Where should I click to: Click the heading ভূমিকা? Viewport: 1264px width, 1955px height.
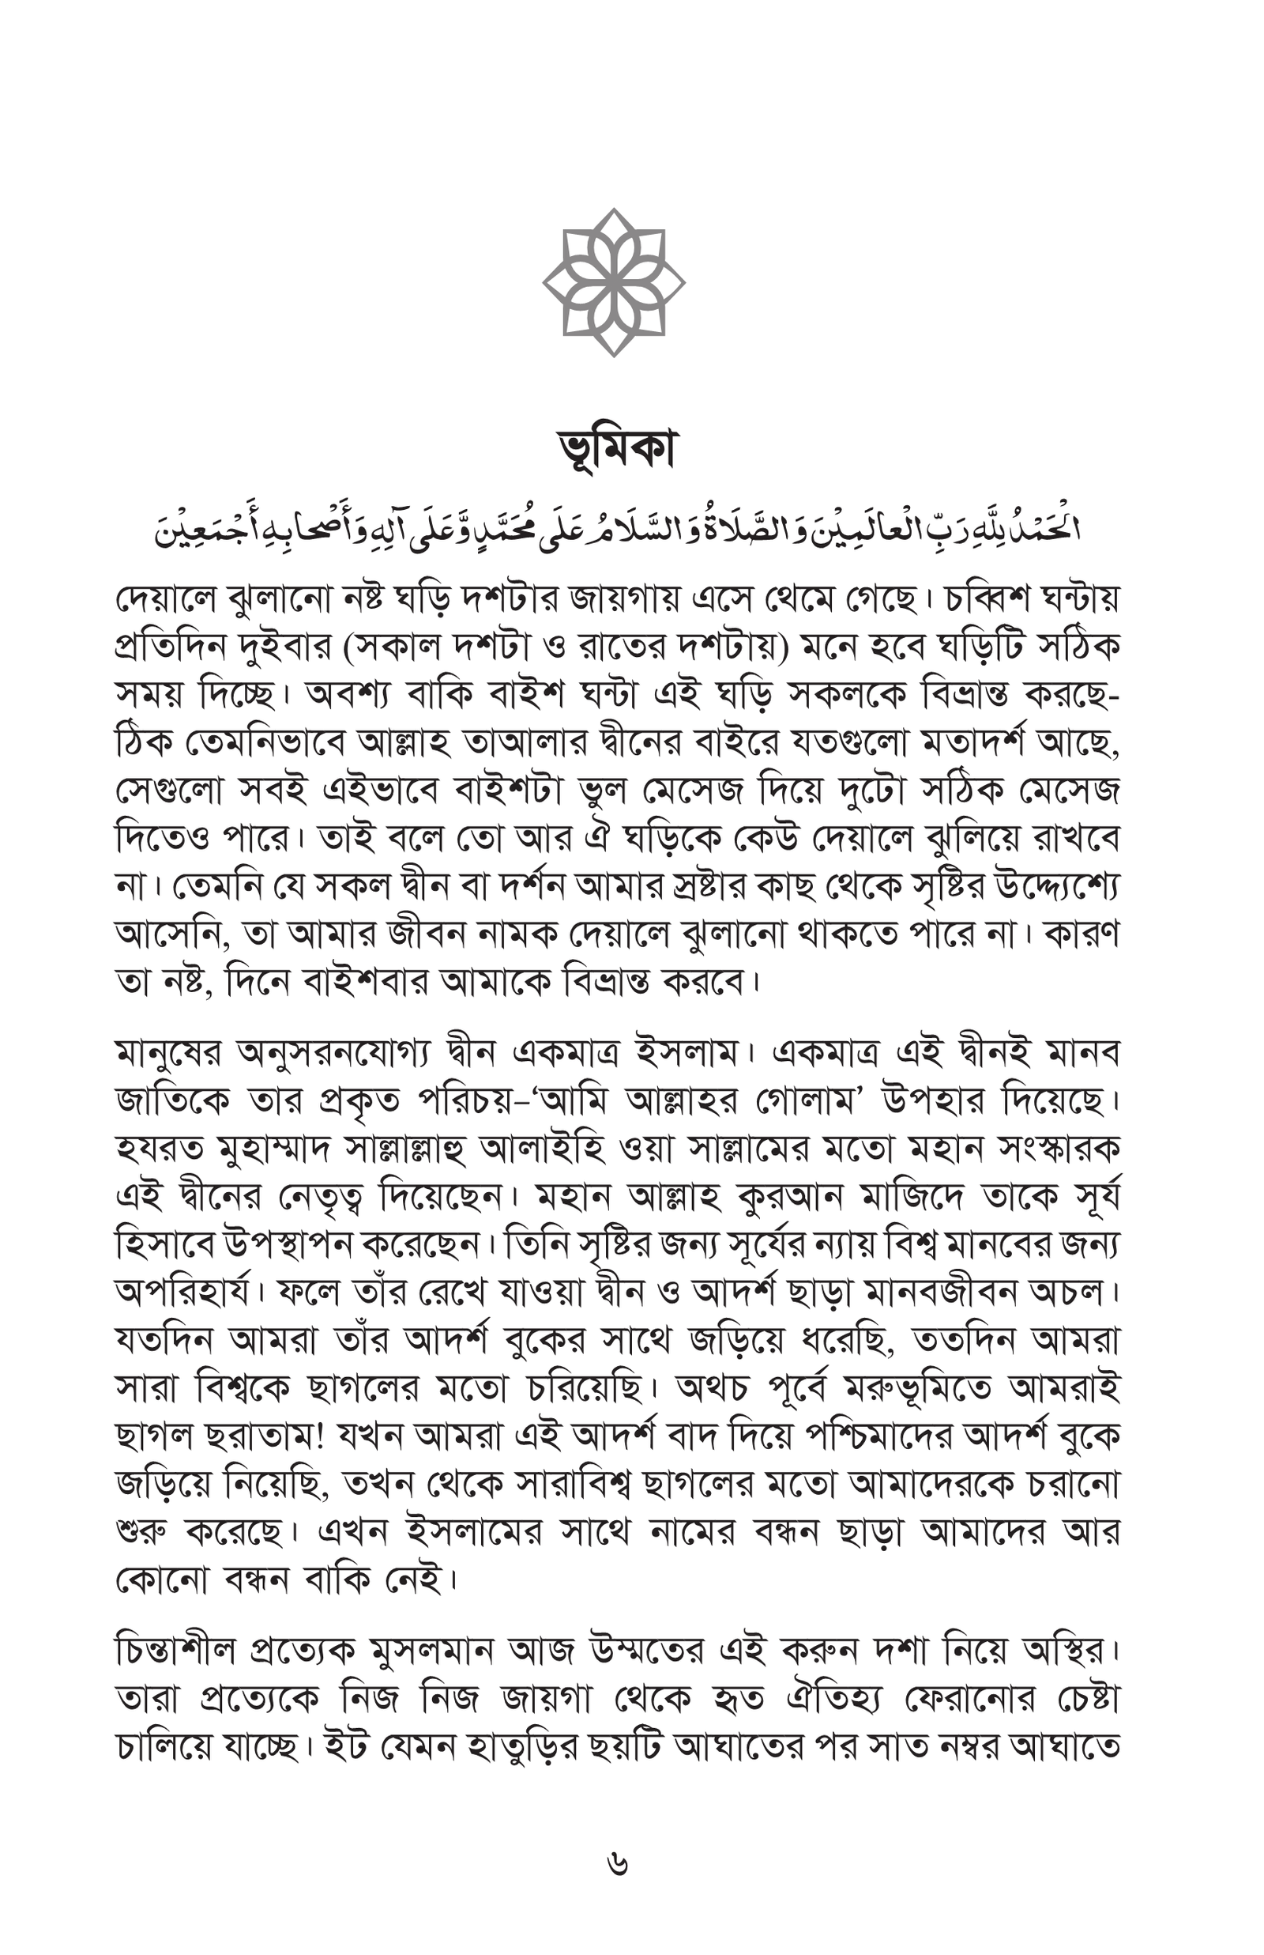(x=616, y=449)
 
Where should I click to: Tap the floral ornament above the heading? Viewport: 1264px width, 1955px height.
(x=614, y=282)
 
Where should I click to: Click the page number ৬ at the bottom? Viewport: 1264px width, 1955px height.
(x=617, y=1864)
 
